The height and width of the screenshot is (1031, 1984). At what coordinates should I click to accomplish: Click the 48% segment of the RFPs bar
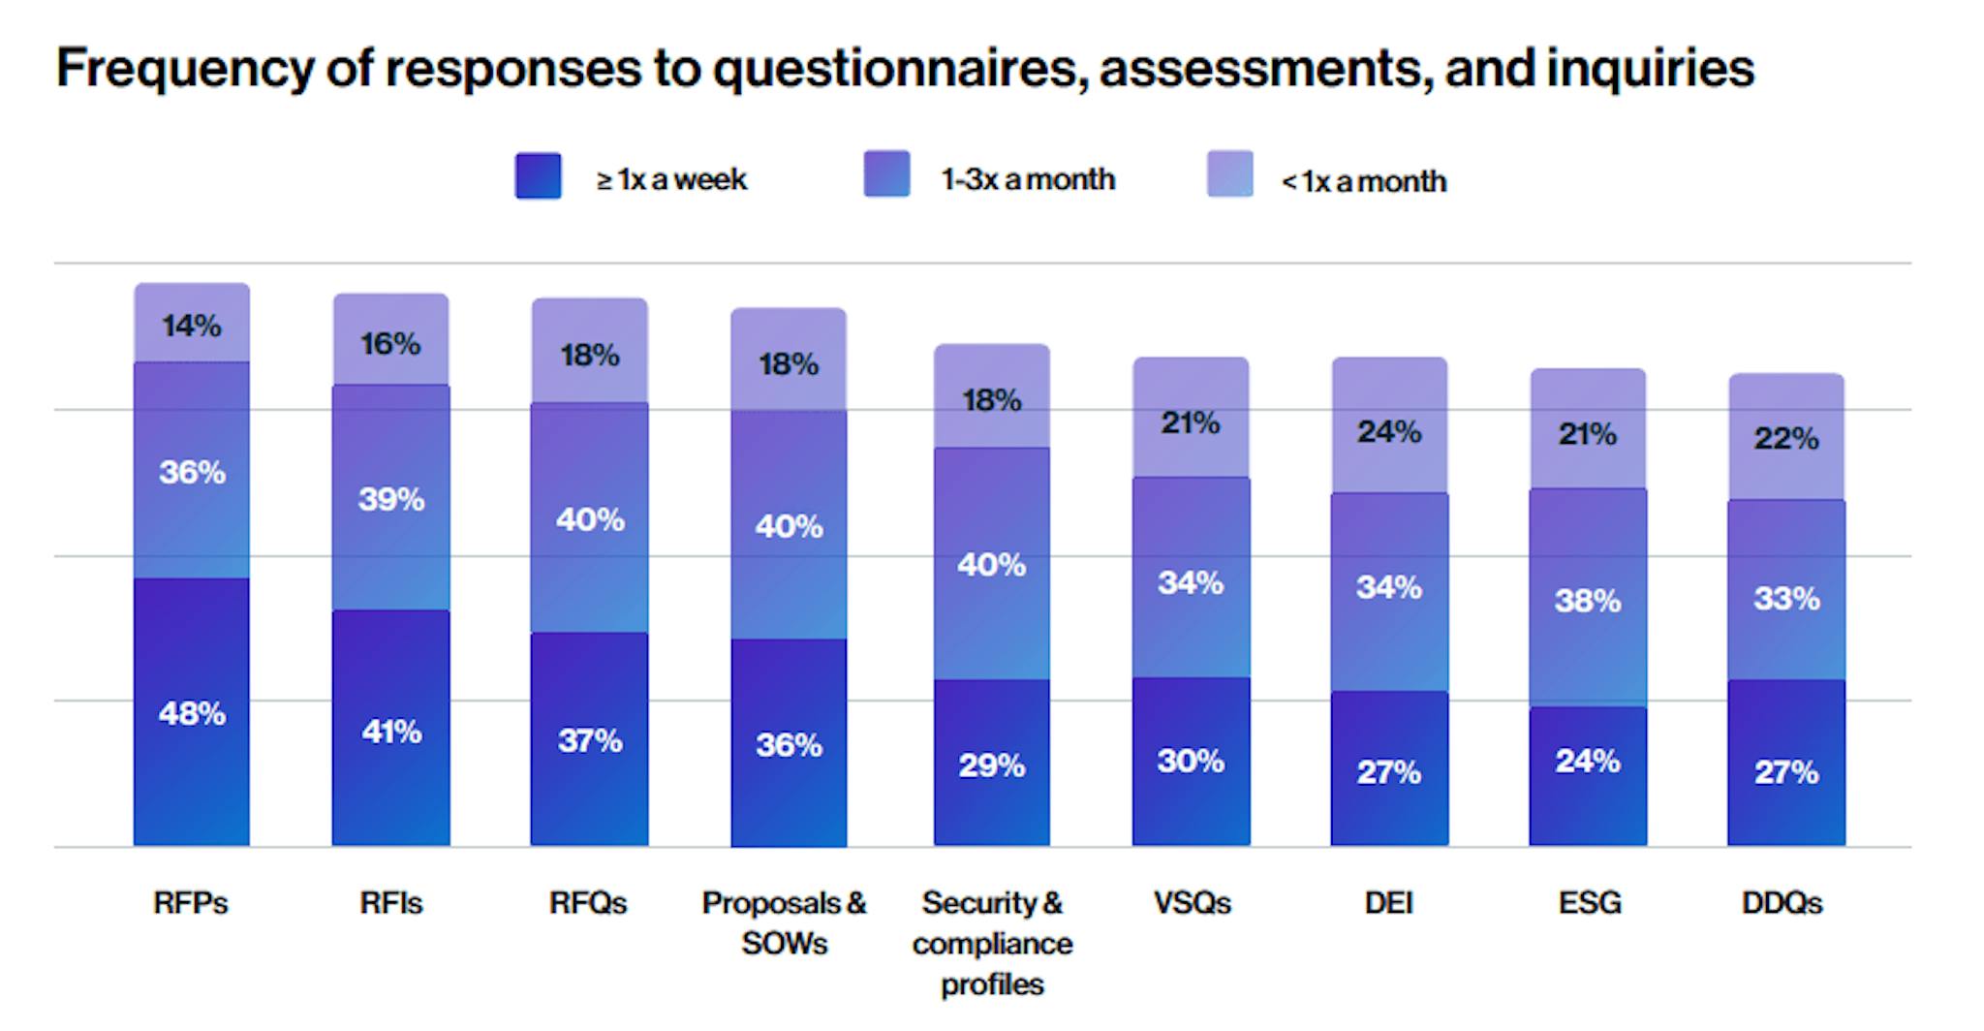(x=192, y=713)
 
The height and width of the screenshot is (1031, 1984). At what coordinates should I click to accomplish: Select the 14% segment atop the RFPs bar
(x=192, y=324)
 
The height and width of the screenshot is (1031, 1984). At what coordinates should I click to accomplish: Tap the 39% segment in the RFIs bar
(x=390, y=498)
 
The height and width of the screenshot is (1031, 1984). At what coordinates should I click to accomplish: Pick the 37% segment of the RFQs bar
(x=589, y=739)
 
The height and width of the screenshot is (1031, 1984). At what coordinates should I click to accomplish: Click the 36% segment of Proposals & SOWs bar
(x=789, y=743)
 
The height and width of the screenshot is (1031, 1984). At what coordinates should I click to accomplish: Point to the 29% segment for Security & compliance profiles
(x=991, y=764)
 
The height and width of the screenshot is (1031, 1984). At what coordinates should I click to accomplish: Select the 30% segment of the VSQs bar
(x=1191, y=761)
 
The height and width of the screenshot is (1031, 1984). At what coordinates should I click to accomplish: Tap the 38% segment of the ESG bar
(x=1588, y=599)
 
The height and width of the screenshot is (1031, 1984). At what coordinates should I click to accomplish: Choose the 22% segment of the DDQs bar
(x=1786, y=437)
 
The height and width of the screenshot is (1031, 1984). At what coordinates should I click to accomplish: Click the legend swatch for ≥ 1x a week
(x=538, y=176)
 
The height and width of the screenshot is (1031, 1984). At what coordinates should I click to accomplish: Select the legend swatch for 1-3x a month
(x=886, y=174)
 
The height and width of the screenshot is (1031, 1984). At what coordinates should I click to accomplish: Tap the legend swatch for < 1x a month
(x=1229, y=174)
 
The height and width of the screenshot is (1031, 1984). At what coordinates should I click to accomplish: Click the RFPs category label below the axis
(x=191, y=903)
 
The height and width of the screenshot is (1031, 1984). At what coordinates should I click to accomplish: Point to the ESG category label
(x=1589, y=903)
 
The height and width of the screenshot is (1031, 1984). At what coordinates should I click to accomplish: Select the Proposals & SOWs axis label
(x=785, y=922)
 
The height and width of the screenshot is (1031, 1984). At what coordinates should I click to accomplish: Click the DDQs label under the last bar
(x=1782, y=903)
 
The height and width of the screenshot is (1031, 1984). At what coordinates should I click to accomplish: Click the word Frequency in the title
(x=185, y=68)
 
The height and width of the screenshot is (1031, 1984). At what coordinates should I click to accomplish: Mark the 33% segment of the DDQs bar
(x=1786, y=598)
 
